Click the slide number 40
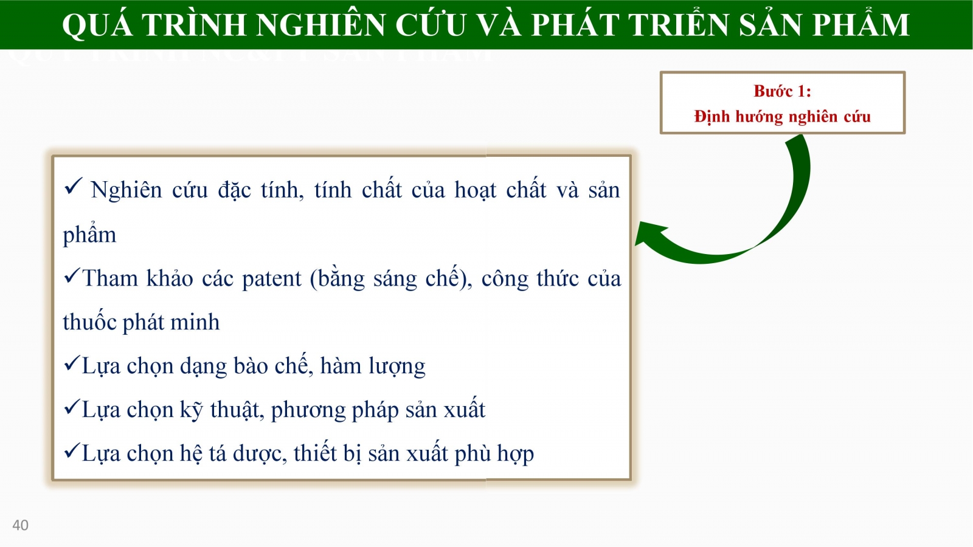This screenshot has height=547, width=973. coord(21,525)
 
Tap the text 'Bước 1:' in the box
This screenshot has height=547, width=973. coord(782,91)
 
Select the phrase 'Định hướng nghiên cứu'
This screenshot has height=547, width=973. coord(782,117)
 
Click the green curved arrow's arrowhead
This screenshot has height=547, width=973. coord(650,233)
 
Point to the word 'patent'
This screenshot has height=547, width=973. coord(271,279)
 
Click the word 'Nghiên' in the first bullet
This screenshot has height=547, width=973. coord(126,190)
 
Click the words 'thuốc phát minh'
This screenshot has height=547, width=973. coord(141,322)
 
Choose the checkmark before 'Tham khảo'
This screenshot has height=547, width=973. coord(72,275)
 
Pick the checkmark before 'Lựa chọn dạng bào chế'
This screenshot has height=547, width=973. coord(72,362)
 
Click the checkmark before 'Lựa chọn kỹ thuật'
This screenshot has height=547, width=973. coord(72,407)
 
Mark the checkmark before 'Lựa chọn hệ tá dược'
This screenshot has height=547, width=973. coord(72,450)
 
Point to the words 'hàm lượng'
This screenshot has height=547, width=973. coord(373,366)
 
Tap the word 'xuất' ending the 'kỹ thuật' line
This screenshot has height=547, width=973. coord(465,408)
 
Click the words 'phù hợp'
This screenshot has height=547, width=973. coord(494,454)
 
